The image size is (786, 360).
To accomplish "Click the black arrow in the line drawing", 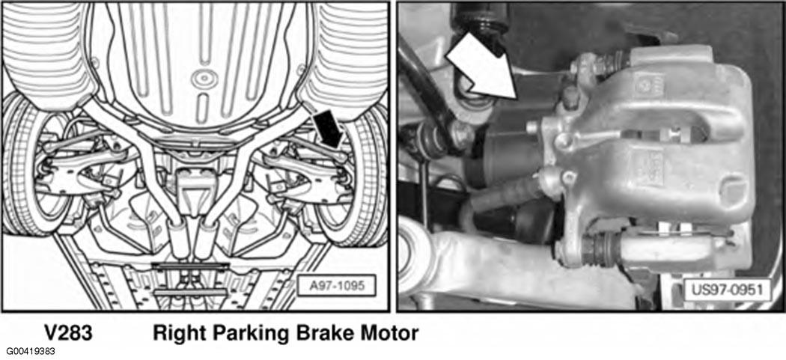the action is coord(328,129).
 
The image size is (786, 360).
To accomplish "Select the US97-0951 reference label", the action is coord(728,290).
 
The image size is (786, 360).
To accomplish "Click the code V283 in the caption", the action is coord(68,333).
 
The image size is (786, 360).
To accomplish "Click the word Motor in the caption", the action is coord(388,333).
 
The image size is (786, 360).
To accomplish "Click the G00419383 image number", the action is coord(31,352).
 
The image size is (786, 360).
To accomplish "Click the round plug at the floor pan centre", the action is coord(204,79).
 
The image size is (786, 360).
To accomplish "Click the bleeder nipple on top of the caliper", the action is coord(570,98).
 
